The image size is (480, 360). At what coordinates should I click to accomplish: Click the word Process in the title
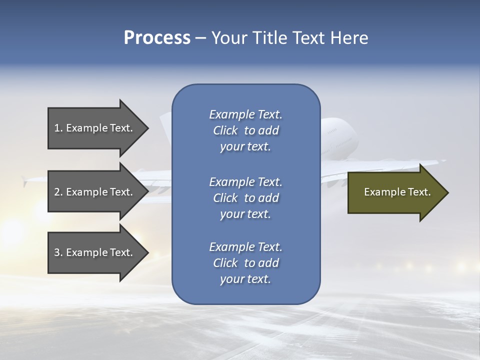157,38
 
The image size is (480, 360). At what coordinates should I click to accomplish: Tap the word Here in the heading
349,38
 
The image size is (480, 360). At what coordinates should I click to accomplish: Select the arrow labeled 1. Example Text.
93,128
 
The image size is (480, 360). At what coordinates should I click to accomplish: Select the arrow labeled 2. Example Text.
93,192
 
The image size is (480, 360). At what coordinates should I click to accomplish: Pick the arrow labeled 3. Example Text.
93,252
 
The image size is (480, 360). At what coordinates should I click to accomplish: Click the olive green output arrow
395,192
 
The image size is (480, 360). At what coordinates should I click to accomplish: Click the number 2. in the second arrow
58,192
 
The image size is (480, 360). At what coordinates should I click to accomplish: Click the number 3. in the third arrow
58,252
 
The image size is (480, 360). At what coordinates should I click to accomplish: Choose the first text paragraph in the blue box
245,130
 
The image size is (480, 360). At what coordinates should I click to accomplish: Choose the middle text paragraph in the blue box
245,198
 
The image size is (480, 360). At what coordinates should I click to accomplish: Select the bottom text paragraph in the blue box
245,263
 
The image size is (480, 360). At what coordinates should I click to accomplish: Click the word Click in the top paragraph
225,130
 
